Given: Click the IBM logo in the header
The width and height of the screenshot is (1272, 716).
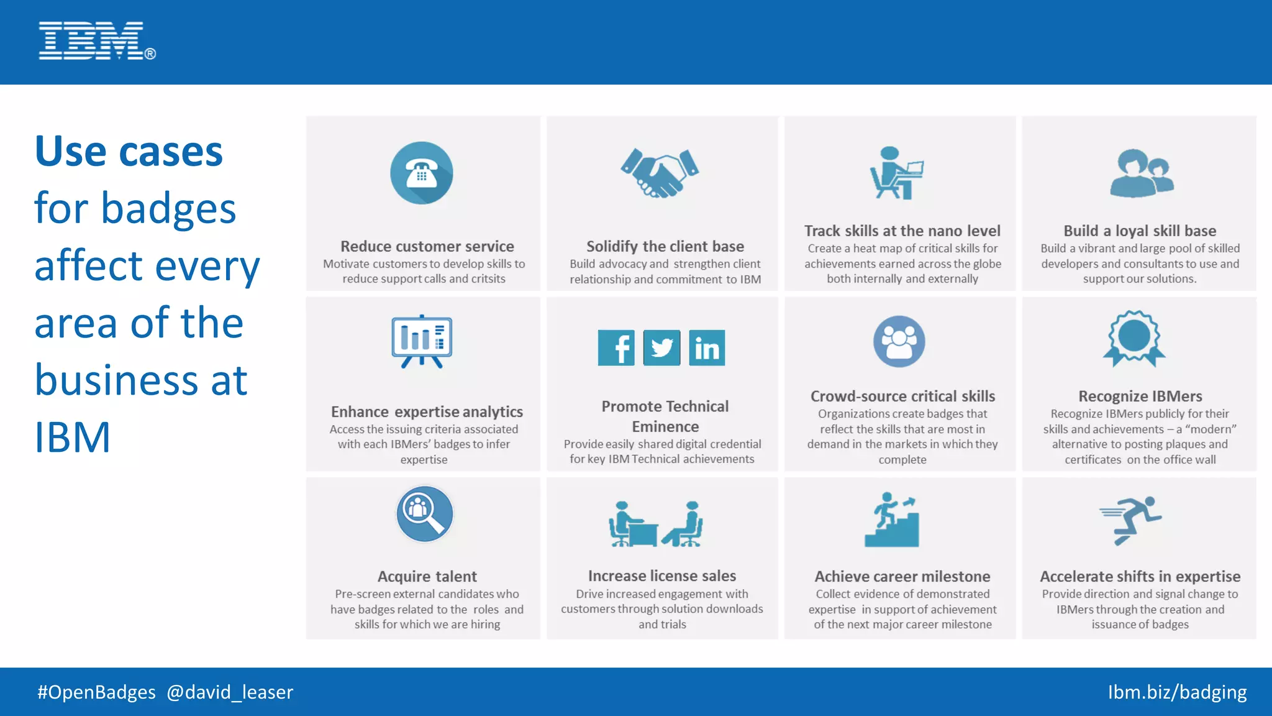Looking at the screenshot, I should [x=96, y=41].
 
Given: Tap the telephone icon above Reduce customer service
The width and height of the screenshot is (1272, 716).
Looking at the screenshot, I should [x=422, y=173].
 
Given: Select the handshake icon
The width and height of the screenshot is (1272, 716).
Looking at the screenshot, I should [x=660, y=173].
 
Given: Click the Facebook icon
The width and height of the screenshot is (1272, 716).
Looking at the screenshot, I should [x=616, y=347].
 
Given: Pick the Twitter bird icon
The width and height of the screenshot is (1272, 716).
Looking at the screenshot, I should [x=661, y=347].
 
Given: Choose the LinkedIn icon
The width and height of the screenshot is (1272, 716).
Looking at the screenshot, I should [x=707, y=347].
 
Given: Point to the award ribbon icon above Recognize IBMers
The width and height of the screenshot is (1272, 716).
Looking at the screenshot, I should [x=1134, y=339].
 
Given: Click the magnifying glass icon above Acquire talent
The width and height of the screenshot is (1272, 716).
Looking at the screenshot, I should [x=425, y=514].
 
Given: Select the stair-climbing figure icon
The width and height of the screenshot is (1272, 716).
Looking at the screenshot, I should [x=893, y=520].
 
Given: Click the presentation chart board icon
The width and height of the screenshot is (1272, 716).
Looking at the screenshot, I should [x=422, y=341].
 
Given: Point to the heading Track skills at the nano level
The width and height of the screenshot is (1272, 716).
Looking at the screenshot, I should [x=902, y=231].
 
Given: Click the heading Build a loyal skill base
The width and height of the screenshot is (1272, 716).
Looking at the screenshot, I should [x=1140, y=231].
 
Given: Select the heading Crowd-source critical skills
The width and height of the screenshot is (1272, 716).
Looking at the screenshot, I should [x=902, y=397].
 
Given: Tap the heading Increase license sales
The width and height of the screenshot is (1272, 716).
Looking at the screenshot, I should [x=662, y=576].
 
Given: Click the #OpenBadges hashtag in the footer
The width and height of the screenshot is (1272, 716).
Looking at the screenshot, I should [x=96, y=692].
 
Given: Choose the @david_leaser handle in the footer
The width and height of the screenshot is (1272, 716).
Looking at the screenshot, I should [x=230, y=692].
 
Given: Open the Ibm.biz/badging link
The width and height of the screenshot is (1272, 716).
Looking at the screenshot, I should [x=1177, y=692].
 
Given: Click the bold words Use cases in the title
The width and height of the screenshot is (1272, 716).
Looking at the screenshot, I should [x=129, y=151].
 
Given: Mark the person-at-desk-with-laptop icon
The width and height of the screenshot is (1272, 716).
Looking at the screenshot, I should [x=896, y=173].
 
